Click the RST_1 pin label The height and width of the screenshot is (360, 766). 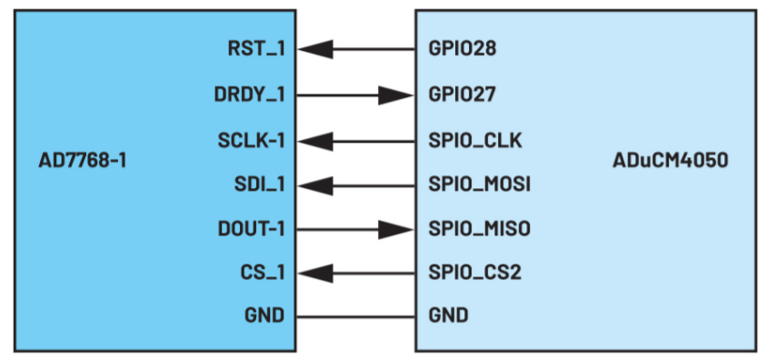pyautogui.click(x=255, y=49)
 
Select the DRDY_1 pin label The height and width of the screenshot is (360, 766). pyautogui.click(x=249, y=94)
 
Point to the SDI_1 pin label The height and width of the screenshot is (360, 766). pyautogui.click(x=258, y=185)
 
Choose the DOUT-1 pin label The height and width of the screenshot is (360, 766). pyautogui.click(x=250, y=229)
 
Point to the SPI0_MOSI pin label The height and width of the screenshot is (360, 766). pyautogui.click(x=479, y=185)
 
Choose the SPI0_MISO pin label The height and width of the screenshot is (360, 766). pyautogui.click(x=479, y=229)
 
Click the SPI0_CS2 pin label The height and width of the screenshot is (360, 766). pyautogui.click(x=474, y=272)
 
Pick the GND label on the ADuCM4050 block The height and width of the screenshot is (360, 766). pyautogui.click(x=449, y=316)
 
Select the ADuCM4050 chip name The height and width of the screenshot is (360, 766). pyautogui.click(x=672, y=162)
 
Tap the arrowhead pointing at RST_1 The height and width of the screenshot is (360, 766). pyautogui.click(x=313, y=49)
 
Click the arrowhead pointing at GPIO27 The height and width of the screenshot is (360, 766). pyautogui.click(x=397, y=94)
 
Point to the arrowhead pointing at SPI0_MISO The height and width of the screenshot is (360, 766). pyautogui.click(x=397, y=229)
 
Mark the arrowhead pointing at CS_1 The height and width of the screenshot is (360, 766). pyautogui.click(x=313, y=272)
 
